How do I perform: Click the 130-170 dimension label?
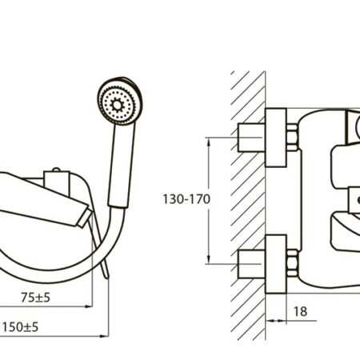click(x=186, y=199)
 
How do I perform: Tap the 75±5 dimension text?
click(x=35, y=298)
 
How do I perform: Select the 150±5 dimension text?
click(x=21, y=327)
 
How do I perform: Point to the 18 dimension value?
click(x=300, y=311)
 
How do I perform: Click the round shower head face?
click(x=120, y=102)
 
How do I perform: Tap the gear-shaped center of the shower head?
click(x=117, y=105)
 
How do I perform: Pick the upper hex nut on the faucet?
click(x=292, y=138)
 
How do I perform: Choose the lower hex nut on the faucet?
click(x=292, y=263)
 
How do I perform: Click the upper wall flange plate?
click(x=276, y=138)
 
